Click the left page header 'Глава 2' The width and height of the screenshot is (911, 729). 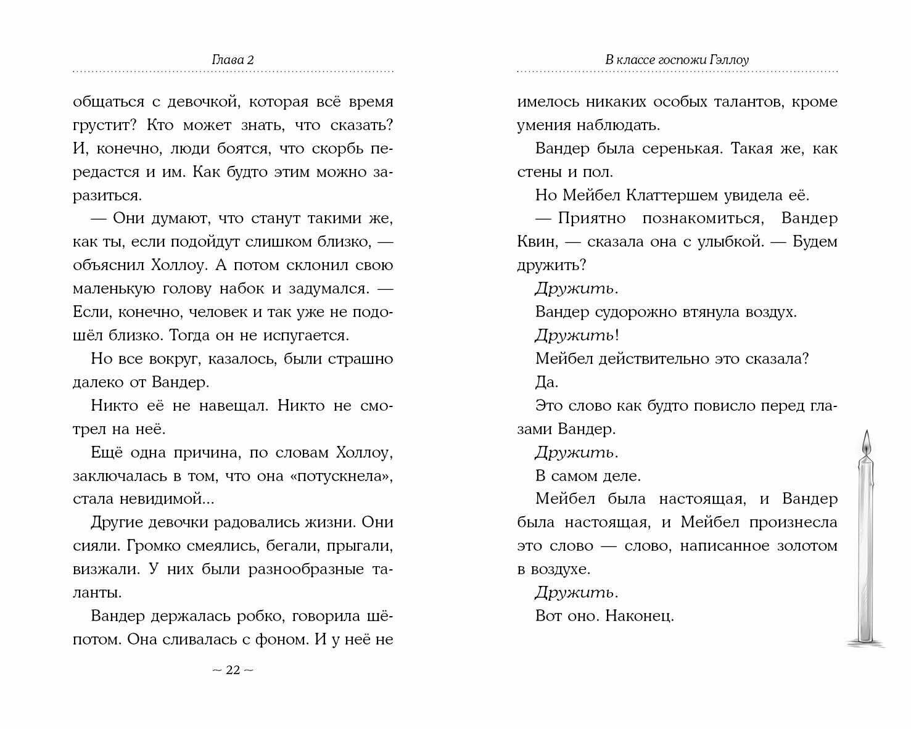pyautogui.click(x=233, y=60)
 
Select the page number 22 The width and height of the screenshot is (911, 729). pyautogui.click(x=233, y=670)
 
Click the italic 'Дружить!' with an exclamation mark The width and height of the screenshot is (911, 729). pyautogui.click(x=577, y=336)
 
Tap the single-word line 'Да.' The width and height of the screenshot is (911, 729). pyautogui.click(x=546, y=382)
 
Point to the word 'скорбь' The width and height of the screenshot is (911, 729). pyautogui.click(x=344, y=149)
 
